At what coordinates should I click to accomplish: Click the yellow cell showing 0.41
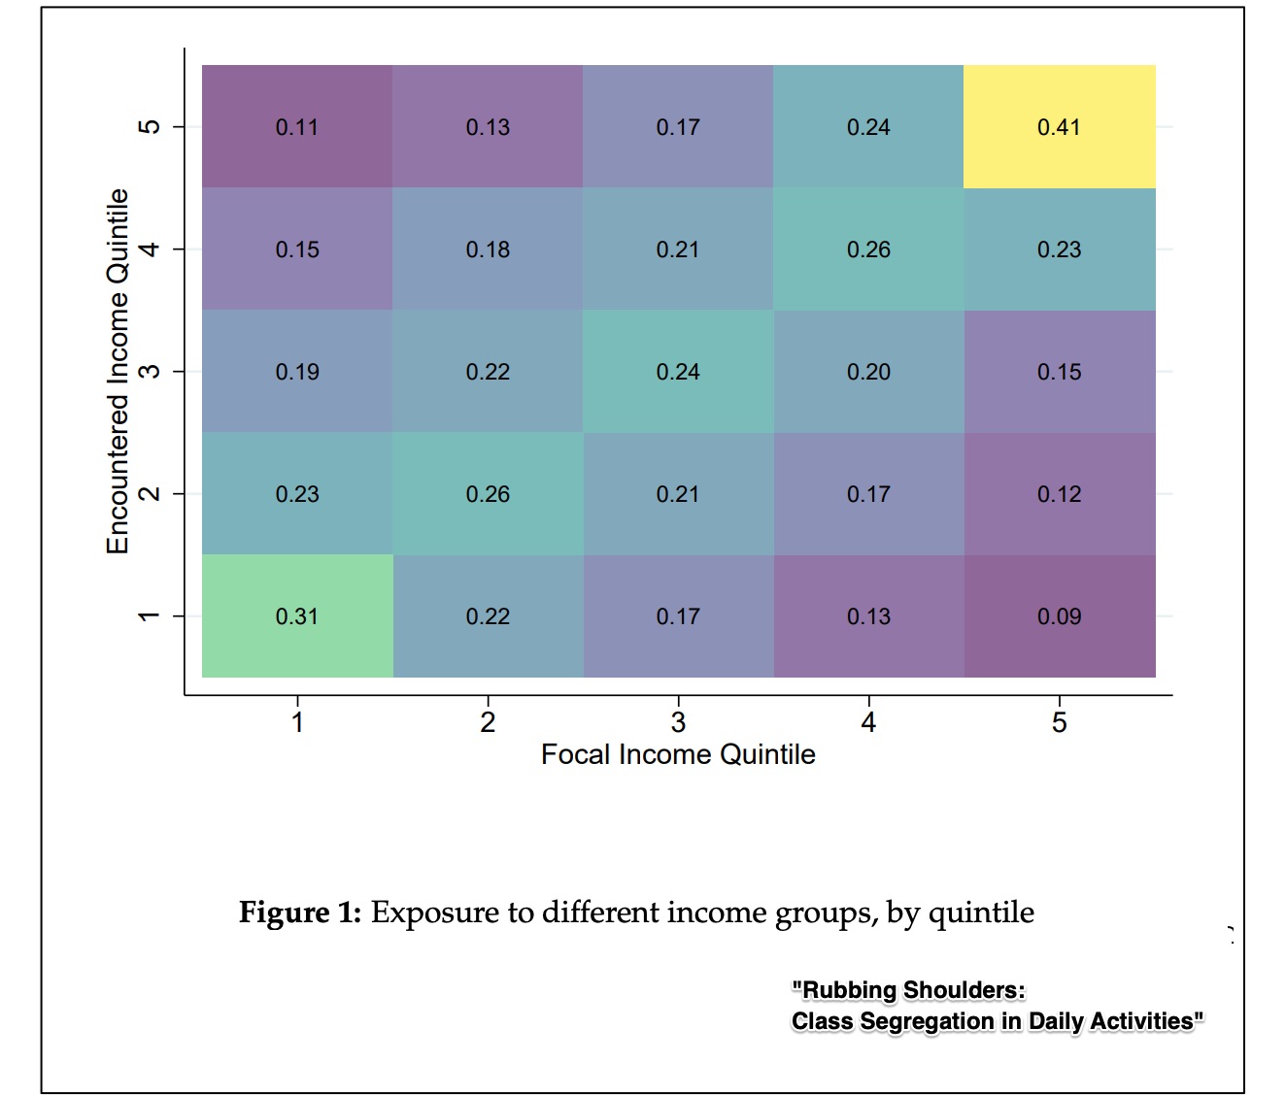point(1059,126)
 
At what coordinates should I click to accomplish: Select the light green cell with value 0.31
point(297,615)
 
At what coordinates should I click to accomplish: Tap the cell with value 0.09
point(1059,615)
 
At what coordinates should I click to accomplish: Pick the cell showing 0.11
point(297,126)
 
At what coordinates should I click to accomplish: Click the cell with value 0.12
point(1059,493)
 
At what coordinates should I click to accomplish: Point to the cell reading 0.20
point(868,371)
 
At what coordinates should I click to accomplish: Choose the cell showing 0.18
point(488,249)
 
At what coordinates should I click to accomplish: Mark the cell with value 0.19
point(297,371)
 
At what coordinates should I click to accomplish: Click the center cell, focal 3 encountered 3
point(678,371)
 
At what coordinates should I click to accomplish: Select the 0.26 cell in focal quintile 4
point(868,249)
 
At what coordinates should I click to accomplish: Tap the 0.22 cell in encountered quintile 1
point(488,615)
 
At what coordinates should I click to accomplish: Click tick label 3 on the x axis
point(678,722)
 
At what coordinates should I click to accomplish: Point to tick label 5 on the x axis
point(1059,722)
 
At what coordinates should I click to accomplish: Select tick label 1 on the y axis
point(149,615)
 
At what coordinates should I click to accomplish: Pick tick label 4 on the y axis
point(149,249)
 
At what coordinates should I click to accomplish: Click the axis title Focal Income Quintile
point(678,754)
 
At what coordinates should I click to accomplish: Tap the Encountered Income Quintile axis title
point(118,371)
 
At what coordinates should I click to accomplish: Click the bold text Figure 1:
point(299,912)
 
